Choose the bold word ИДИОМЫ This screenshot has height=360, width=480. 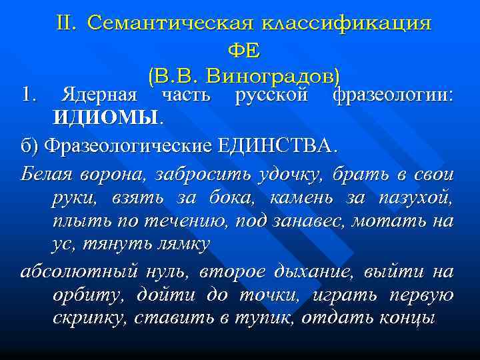click(x=107, y=118)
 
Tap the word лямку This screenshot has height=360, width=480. click(x=181, y=244)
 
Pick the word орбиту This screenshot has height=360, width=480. click(x=87, y=295)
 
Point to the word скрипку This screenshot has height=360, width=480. click(x=89, y=318)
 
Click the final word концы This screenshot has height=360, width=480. click(x=406, y=318)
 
